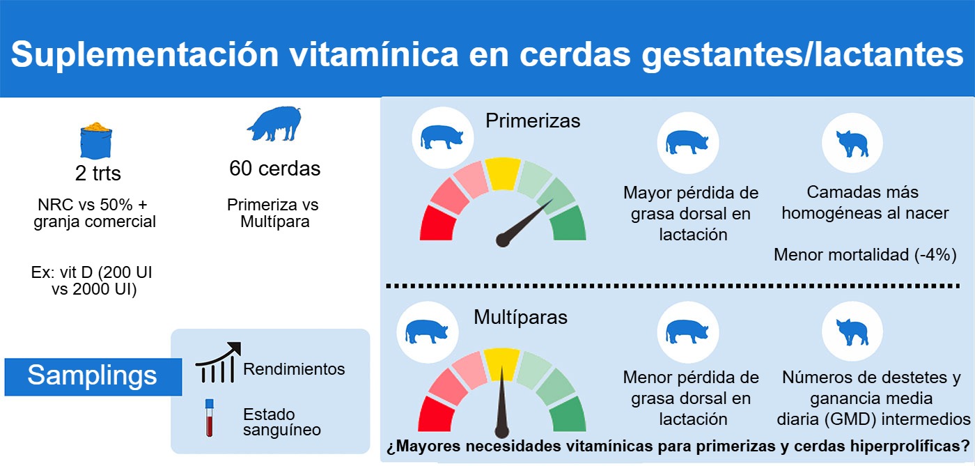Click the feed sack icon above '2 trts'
(96, 141)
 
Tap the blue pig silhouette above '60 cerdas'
(274, 124)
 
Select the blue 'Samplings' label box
(93, 376)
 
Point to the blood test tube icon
(209, 417)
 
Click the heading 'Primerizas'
(533, 121)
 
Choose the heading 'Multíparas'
(521, 318)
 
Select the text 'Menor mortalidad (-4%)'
(865, 256)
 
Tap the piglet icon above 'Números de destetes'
(852, 332)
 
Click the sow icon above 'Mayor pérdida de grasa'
(687, 143)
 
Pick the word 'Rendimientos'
(294, 369)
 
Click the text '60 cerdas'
(275, 169)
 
